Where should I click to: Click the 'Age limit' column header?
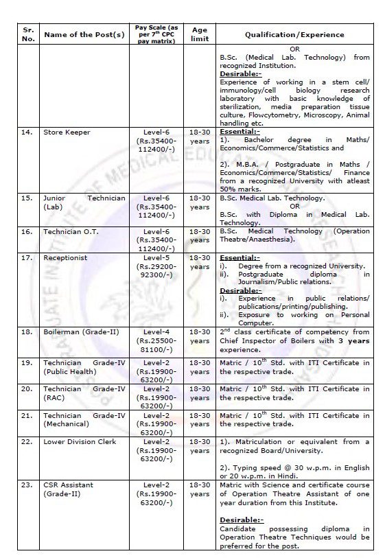tap(199, 34)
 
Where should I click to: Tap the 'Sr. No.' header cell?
tap(27, 34)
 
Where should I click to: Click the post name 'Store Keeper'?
tap(67, 132)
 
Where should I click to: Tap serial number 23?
tap(27, 485)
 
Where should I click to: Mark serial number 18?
tap(27, 332)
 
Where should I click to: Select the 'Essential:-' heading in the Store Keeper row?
tap(240, 131)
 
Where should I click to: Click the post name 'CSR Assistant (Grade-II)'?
tap(69, 489)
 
